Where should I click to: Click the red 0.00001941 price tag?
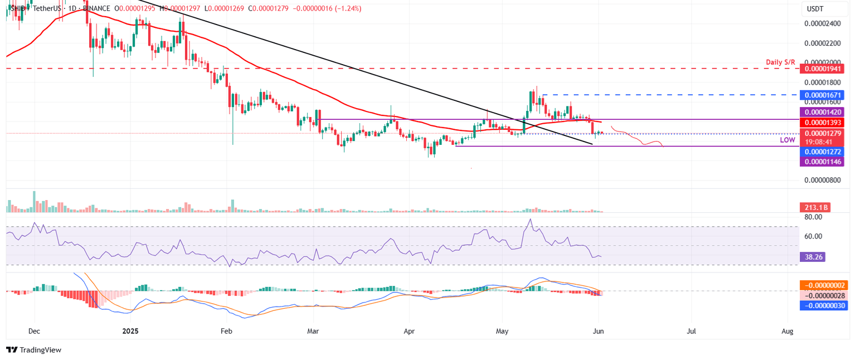(822, 69)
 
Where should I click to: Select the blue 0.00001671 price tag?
(822, 95)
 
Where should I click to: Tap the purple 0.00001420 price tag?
(822, 112)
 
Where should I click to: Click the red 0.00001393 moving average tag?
(822, 122)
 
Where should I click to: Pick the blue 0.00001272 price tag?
(822, 152)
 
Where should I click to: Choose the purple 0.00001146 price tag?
(822, 162)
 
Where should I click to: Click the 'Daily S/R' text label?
(780, 62)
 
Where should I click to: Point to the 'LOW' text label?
(787, 140)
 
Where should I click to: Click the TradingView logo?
(33, 350)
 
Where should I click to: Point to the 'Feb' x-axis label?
(226, 331)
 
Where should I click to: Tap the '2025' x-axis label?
(130, 331)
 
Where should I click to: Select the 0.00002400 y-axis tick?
(822, 23)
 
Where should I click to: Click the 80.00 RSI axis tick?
(814, 217)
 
